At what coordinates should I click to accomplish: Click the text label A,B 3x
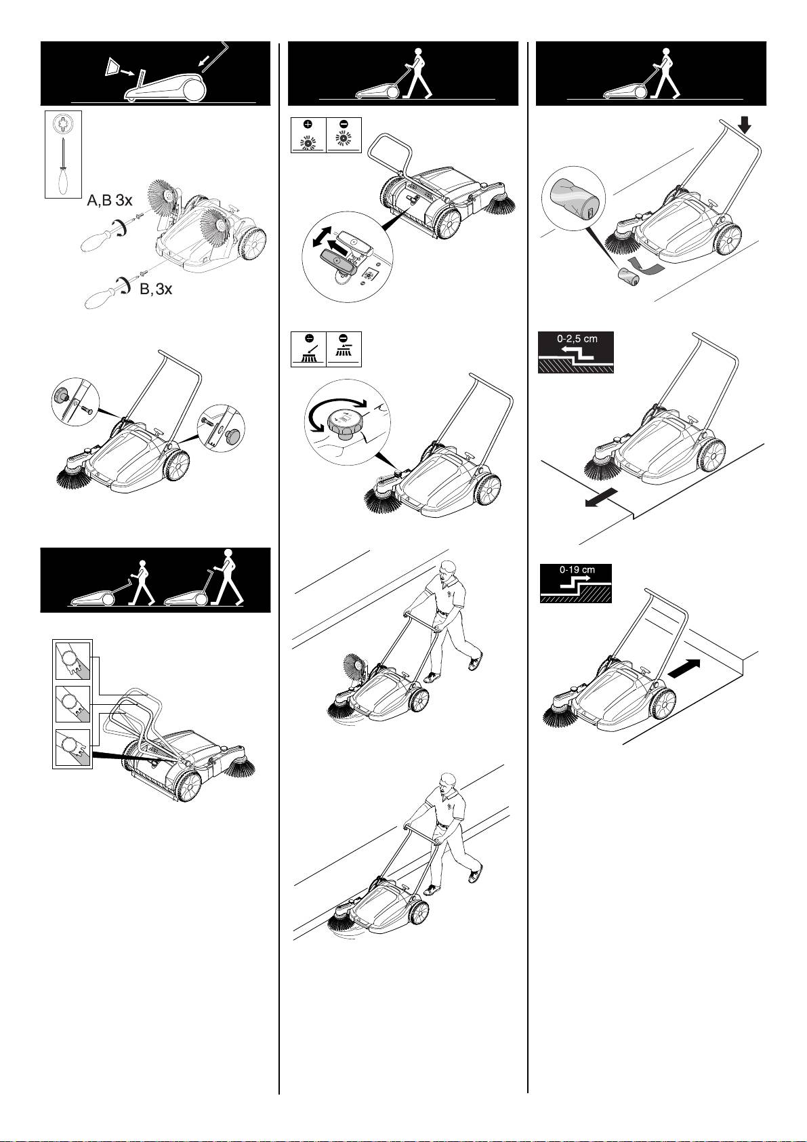[110, 201]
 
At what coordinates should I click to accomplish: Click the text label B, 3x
[156, 289]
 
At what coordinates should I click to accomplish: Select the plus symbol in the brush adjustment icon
[308, 125]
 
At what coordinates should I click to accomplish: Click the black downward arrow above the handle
[745, 125]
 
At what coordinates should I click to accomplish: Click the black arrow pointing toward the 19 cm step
[684, 668]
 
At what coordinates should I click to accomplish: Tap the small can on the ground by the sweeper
[629, 277]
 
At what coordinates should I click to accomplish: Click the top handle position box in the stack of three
[73, 661]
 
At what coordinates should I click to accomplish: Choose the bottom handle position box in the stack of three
[73, 748]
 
